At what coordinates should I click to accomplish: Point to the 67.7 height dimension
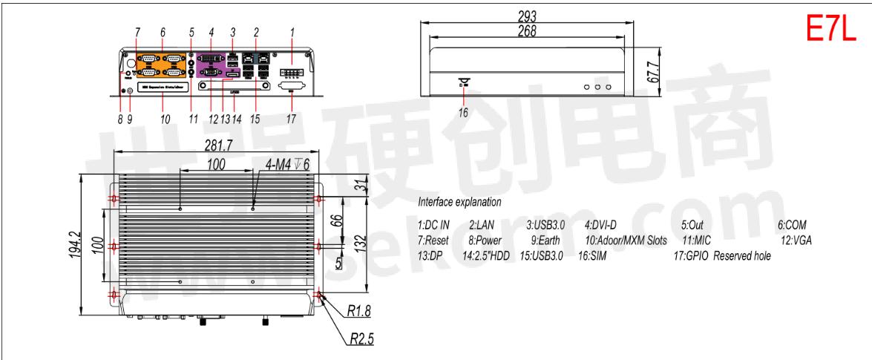point(651,71)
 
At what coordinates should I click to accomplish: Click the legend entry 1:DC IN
point(434,225)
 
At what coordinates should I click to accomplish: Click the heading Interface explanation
point(459,201)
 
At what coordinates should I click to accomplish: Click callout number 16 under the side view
point(463,113)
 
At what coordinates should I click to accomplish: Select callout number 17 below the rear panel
point(290,117)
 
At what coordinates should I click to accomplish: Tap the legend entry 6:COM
point(792,225)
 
